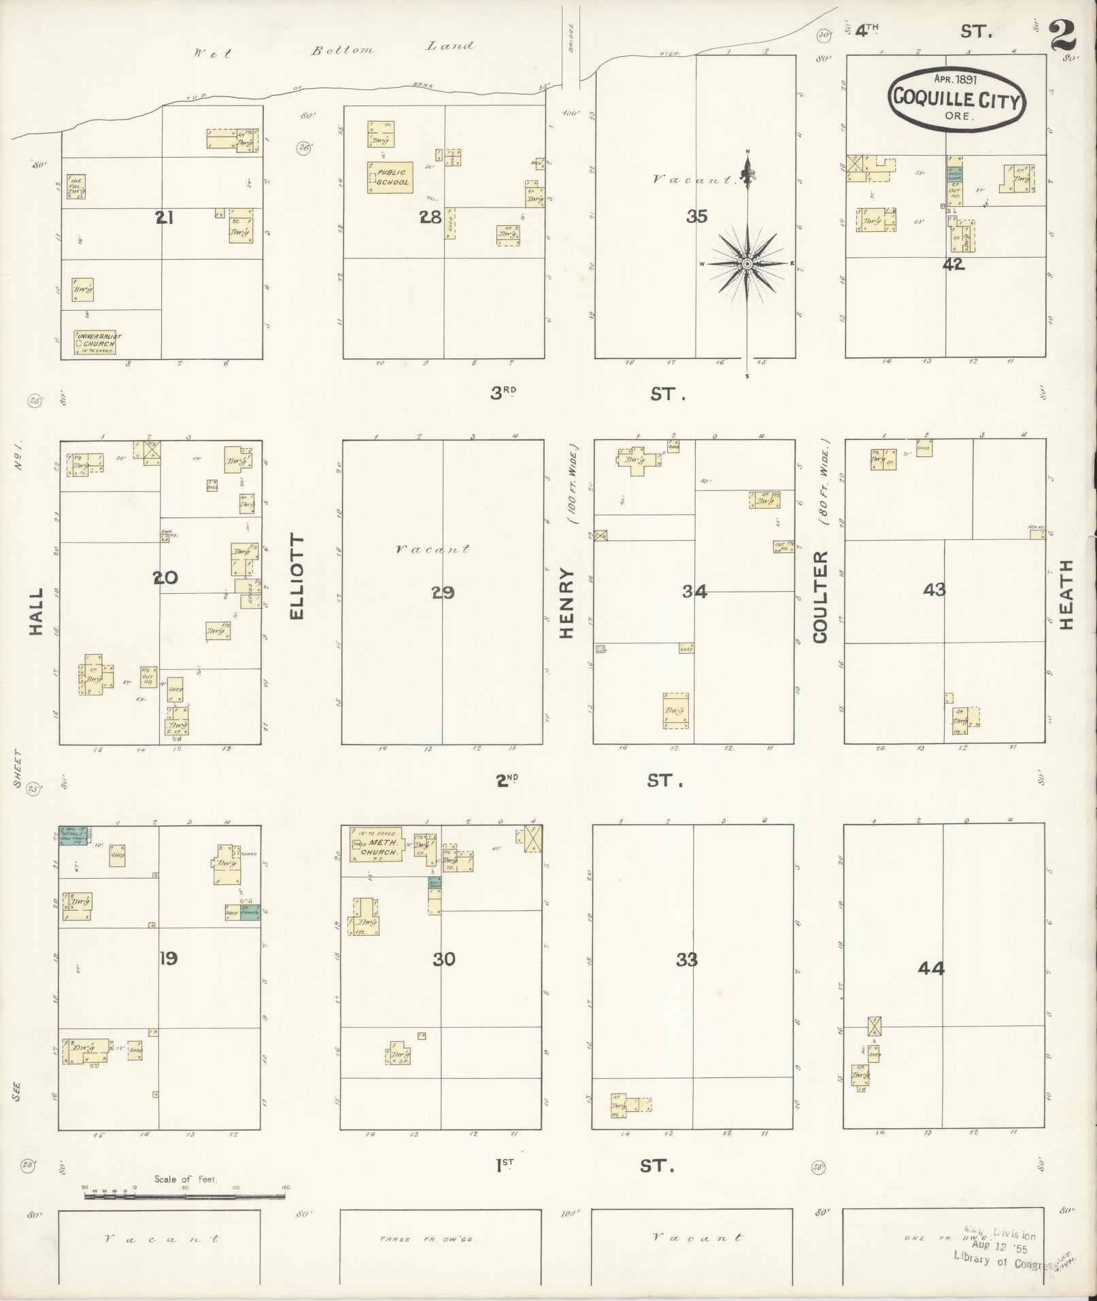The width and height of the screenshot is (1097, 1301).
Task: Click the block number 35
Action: pos(696,217)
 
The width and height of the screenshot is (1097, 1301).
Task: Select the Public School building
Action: pos(390,178)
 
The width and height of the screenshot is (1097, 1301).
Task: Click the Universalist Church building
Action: pos(95,342)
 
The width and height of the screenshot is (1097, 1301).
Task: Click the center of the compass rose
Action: pos(747,263)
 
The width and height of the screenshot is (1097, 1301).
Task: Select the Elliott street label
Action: pos(297,577)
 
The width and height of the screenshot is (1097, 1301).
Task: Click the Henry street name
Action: pos(567,603)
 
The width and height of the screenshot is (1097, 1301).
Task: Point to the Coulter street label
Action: pos(820,596)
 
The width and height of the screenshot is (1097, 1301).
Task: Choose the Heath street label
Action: pos(1066,595)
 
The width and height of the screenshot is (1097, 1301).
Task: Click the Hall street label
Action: pos(36,612)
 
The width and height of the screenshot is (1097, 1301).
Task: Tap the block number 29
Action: pos(442,593)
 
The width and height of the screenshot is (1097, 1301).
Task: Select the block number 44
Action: pos(930,968)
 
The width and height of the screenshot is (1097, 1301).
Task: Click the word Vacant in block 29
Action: pos(432,549)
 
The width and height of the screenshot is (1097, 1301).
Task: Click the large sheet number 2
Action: pos(1063,35)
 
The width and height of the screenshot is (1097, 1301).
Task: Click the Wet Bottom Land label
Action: pos(333,49)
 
